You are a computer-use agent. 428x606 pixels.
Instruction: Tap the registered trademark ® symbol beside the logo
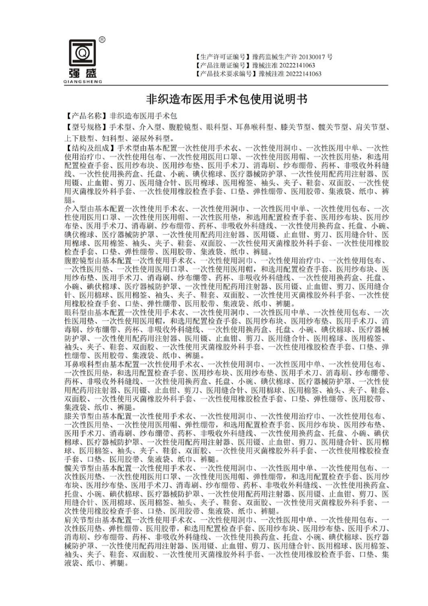[x=102, y=39]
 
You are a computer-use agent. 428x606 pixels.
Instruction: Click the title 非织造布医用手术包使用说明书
[x=214, y=97]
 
